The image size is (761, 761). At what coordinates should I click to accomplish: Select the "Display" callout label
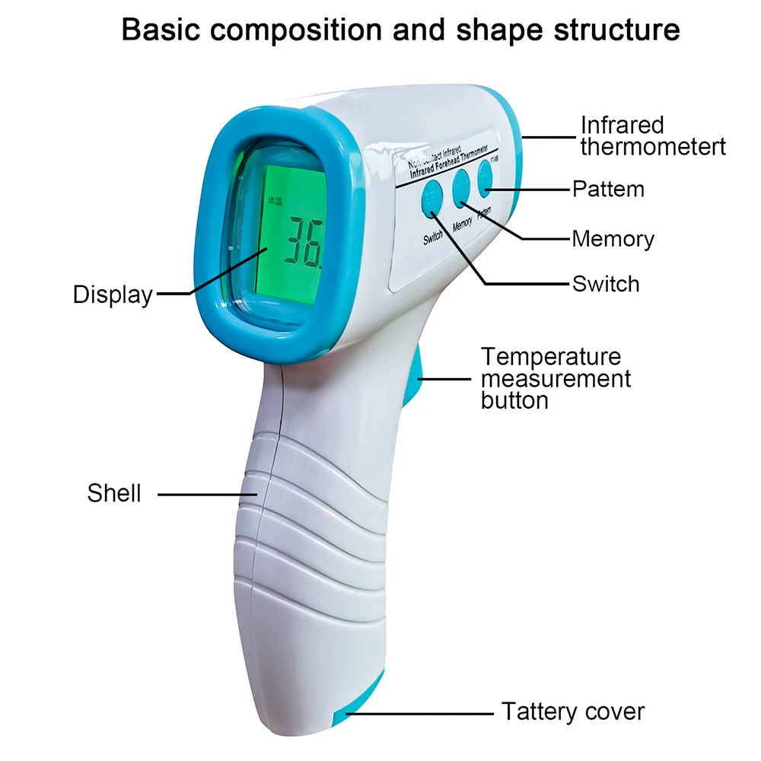click(113, 295)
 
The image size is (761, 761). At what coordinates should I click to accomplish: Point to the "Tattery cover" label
click(573, 712)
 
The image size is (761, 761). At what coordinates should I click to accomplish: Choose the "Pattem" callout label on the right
click(608, 189)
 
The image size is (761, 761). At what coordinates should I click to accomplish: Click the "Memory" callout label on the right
click(613, 239)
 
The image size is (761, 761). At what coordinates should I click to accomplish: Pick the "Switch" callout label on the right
click(606, 284)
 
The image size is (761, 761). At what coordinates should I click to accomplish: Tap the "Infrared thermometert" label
click(653, 135)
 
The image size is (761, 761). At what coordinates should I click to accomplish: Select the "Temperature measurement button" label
click(556, 377)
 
